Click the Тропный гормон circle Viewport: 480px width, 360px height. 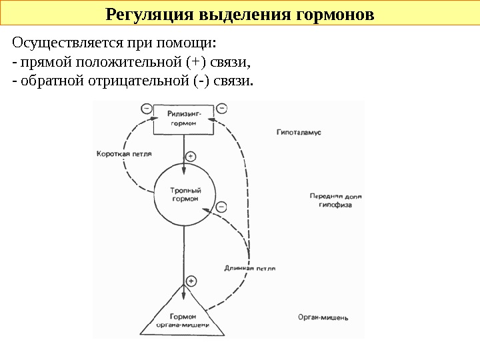click(185, 194)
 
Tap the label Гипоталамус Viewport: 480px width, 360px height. click(299, 133)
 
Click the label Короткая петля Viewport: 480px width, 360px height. click(124, 153)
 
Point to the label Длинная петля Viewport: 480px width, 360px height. click(249, 268)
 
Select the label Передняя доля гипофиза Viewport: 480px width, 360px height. click(335, 201)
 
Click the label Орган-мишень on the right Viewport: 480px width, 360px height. click(323, 318)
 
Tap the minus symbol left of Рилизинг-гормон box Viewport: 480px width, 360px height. click(146, 108)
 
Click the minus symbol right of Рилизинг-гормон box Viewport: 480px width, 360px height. click(222, 108)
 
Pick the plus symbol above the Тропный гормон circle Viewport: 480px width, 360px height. click(191, 157)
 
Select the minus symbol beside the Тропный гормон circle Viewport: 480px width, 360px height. click(221, 207)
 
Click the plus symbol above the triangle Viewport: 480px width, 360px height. click(191, 281)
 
